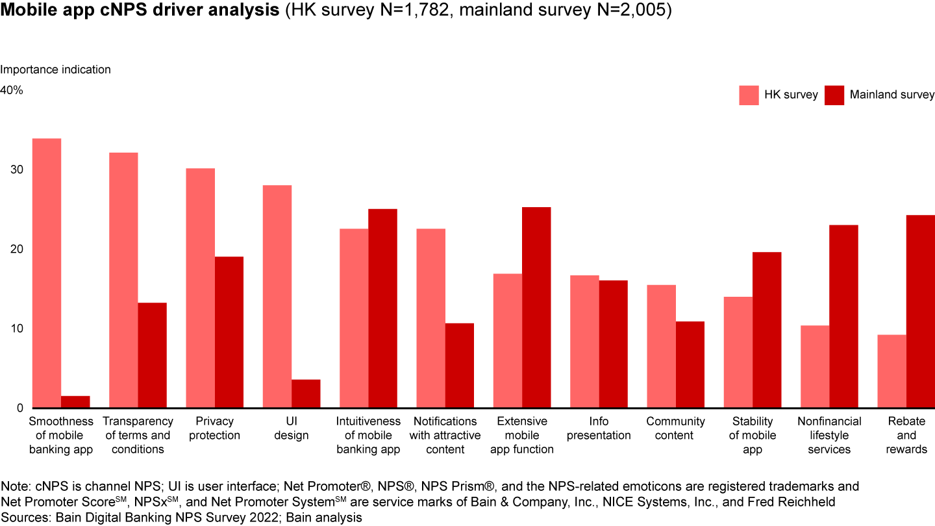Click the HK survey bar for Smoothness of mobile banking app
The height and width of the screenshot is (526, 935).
(x=47, y=273)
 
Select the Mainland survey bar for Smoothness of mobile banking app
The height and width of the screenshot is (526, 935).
(x=75, y=402)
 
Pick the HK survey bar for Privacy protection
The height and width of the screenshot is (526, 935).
(x=200, y=288)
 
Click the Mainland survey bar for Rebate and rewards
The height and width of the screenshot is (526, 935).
(x=921, y=311)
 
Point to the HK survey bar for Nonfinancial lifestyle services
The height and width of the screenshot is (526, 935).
(x=815, y=366)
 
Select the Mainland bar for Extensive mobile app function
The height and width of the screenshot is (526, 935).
(x=536, y=307)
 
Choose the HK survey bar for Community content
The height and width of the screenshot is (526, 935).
(x=661, y=346)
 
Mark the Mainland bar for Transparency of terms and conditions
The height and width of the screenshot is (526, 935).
(x=152, y=355)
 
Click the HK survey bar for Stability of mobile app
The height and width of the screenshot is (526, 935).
(x=738, y=352)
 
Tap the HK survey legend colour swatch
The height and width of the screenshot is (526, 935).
(x=749, y=95)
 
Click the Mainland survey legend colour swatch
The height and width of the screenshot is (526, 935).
(x=834, y=95)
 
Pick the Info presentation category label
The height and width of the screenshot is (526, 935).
(x=599, y=429)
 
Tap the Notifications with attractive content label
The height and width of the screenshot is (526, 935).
(x=445, y=435)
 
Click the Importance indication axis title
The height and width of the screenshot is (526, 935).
(x=55, y=69)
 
